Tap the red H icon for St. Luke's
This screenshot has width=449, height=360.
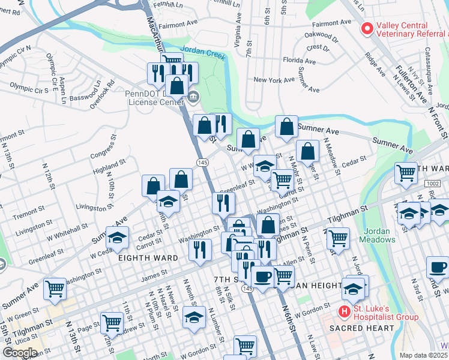345,311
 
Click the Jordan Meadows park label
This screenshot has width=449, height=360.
378,235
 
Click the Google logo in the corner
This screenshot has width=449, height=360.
20,353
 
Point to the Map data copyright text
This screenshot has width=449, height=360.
424,355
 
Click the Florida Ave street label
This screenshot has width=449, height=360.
300,61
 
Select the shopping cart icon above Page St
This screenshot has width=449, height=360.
112,322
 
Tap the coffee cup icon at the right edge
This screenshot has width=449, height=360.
437,267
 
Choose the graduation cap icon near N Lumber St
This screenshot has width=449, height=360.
194,317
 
